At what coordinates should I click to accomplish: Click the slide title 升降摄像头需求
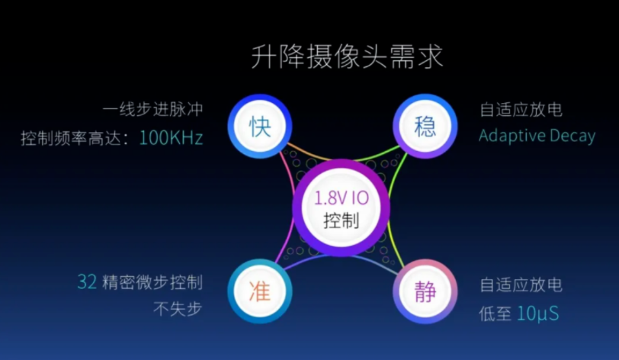pos(347,57)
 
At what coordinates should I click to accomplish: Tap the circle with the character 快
pos(260,127)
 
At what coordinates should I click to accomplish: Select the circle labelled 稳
pos(425,127)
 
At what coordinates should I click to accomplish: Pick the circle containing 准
pos(260,291)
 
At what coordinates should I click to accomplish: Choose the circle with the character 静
pos(425,291)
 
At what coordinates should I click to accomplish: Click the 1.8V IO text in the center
pos(342,198)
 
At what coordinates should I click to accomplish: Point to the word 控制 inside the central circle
pos(342,220)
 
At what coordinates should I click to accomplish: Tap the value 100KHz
pos(172,138)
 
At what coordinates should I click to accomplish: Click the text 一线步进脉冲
pos(152,110)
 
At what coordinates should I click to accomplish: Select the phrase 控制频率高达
pos(71,138)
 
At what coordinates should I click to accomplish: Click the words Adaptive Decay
pos(537,137)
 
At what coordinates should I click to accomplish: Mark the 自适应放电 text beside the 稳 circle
pos(521,110)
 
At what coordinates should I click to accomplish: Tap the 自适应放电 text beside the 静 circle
pos(521,285)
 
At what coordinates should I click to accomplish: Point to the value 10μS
pos(537,313)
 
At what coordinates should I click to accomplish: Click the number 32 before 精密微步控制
pos(87,282)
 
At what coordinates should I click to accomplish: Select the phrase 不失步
pos(178,309)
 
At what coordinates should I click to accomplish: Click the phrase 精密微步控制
pos(152,282)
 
